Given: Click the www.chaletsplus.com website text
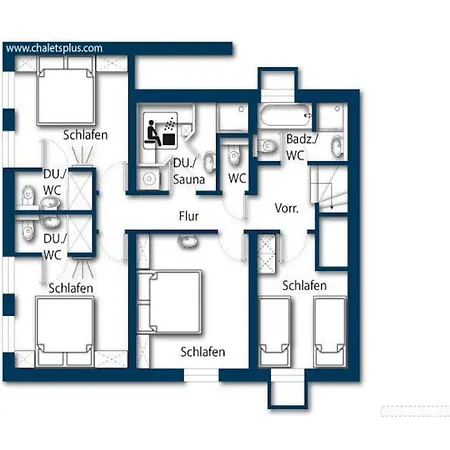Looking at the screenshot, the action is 54,48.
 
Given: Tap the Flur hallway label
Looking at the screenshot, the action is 189,216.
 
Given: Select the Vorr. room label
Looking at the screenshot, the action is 287,208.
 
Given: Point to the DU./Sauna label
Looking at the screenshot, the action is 189,171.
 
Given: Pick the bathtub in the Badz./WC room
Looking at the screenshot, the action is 285,116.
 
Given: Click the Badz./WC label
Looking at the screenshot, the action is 300,147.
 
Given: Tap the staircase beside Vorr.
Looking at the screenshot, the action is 329,188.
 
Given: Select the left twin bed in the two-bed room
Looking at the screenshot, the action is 275,332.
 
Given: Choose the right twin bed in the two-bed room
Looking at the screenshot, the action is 330,332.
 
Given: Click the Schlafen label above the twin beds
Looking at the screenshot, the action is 304,286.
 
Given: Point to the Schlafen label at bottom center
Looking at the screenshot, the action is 203,352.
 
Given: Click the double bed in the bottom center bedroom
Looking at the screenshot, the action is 170,302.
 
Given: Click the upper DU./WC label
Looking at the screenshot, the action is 55,182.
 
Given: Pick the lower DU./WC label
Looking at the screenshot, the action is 55,247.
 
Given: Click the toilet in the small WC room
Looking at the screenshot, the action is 234,155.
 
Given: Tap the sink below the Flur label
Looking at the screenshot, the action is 188,241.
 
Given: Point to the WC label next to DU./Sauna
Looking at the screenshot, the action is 237,178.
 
